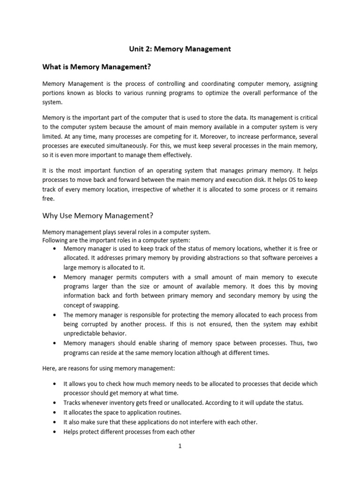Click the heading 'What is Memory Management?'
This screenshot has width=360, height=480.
click(97, 67)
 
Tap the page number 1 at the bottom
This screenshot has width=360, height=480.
click(180, 446)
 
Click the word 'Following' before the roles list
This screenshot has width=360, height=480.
click(55, 241)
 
